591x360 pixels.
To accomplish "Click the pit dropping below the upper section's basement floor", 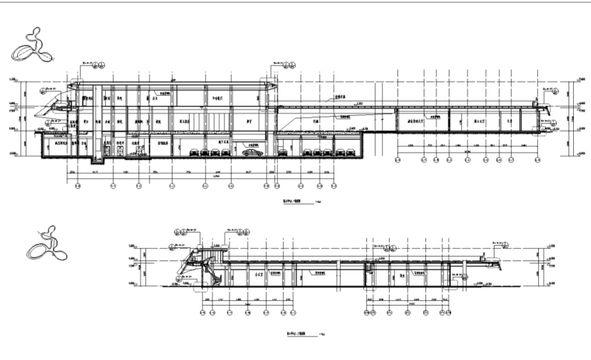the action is tap(97, 161).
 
